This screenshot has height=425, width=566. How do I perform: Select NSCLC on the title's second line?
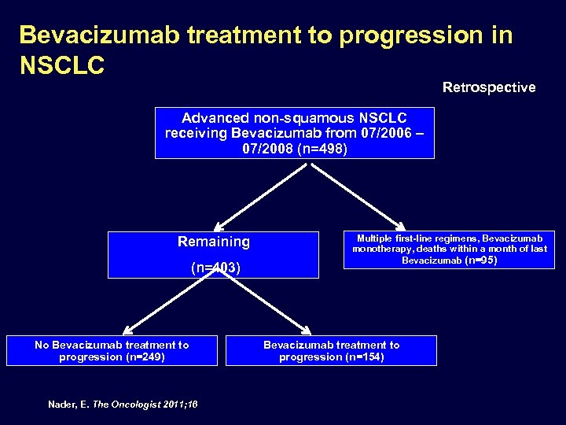click(x=61, y=65)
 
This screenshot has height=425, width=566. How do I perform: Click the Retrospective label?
click(x=488, y=87)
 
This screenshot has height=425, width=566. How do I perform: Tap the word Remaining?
click(x=213, y=242)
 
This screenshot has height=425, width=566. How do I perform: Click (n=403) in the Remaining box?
click(x=215, y=268)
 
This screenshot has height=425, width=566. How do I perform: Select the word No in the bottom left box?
click(x=42, y=345)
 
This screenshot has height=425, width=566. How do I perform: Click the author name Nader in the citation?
click(x=63, y=404)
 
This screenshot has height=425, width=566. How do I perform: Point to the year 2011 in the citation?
click(x=175, y=404)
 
